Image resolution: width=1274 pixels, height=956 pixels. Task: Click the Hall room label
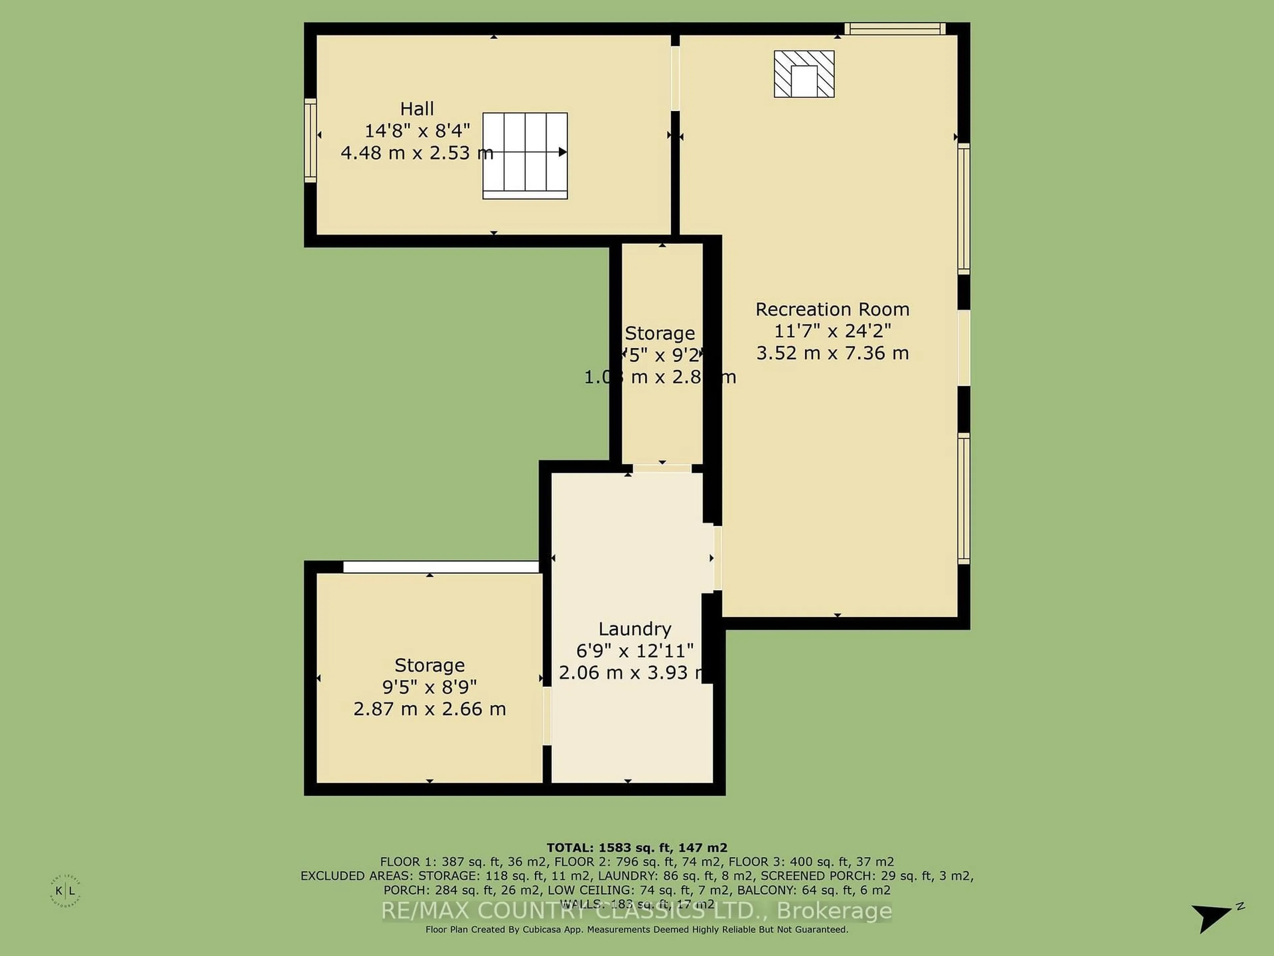pyautogui.click(x=417, y=108)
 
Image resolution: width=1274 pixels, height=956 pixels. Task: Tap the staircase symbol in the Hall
pyautogui.click(x=525, y=156)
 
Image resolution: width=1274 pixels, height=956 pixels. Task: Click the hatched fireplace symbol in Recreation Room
pyautogui.click(x=804, y=74)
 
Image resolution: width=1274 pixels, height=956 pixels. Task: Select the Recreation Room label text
pyautogui.click(x=832, y=309)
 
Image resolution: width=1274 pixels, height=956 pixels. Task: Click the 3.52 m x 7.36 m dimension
pyautogui.click(x=832, y=353)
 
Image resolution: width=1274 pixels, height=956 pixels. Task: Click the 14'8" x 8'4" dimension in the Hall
pyautogui.click(x=417, y=131)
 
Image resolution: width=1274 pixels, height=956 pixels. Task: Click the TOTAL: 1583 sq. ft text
pyautogui.click(x=636, y=848)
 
